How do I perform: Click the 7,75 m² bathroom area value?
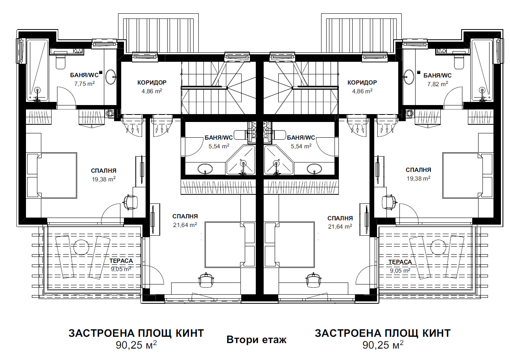click(84, 84)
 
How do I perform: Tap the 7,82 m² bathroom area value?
click(437, 84)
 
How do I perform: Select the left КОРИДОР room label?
click(152, 83)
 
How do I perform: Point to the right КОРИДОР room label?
click(362, 83)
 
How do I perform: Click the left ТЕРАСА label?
click(121, 261)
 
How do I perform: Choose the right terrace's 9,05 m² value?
click(400, 271)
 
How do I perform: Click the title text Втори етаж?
click(256, 340)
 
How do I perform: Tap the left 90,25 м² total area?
click(136, 345)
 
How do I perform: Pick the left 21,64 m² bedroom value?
click(185, 225)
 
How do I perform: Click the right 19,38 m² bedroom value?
click(418, 179)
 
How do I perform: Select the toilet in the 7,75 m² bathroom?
click(61, 61)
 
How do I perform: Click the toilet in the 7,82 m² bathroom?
click(458, 61)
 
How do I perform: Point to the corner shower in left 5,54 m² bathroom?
click(241, 160)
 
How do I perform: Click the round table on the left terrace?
click(81, 247)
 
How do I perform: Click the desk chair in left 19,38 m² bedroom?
click(130, 202)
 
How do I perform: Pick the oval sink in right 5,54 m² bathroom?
click(314, 169)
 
